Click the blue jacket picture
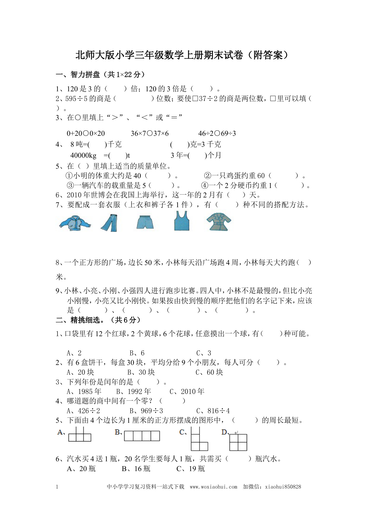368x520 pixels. point(75,223)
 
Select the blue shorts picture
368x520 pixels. point(145,222)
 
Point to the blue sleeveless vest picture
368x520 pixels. point(181,221)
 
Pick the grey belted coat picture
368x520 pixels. point(219,221)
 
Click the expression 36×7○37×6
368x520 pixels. point(149,133)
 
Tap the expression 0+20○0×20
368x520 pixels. point(86,133)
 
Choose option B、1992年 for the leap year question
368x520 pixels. point(134,391)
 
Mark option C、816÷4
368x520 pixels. point(213,411)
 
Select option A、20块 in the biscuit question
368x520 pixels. point(80,372)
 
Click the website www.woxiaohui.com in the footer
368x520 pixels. point(214,486)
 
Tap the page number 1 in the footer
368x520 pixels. point(57,486)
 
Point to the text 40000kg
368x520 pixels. point(83,155)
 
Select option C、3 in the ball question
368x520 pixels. point(204,353)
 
